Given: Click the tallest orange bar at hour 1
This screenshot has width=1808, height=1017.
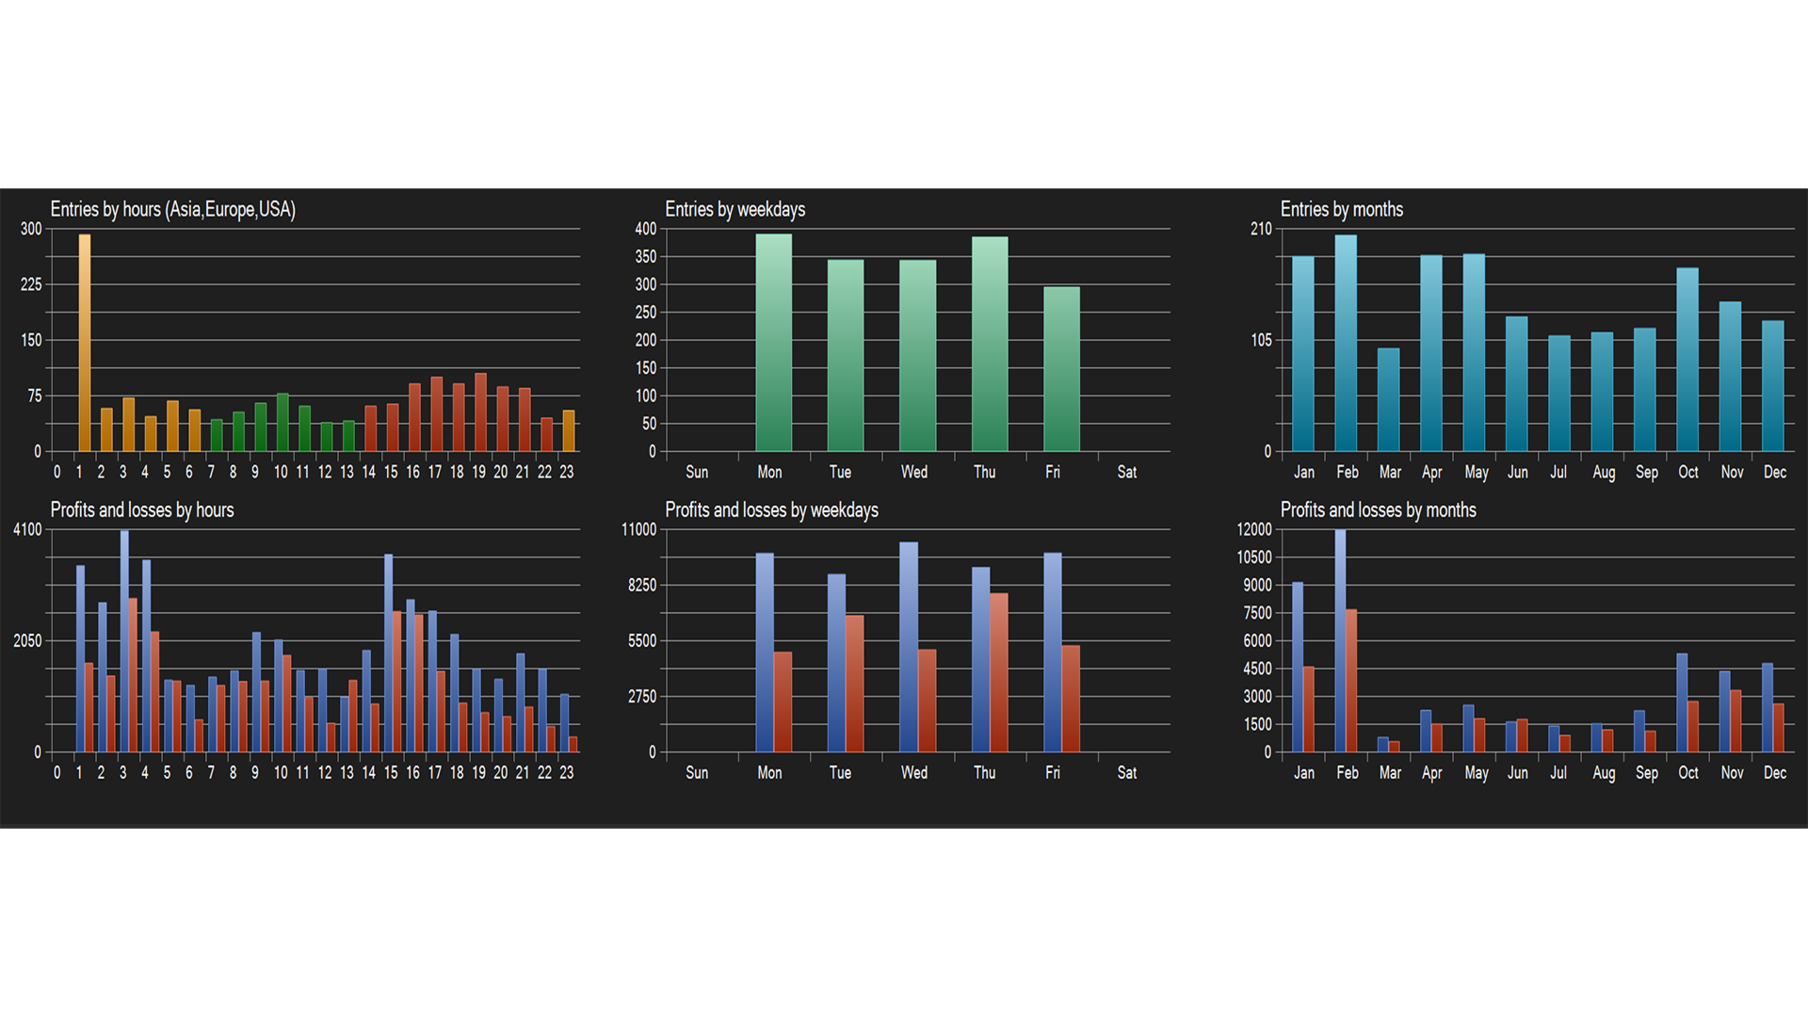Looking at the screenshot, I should (85, 343).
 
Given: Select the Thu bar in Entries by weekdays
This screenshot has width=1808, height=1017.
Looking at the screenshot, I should (990, 344).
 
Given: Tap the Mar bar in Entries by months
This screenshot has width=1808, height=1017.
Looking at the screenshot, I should (1388, 399).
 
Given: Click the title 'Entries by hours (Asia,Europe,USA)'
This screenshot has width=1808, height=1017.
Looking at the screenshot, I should (172, 209).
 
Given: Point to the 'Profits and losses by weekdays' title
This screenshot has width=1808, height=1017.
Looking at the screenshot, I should (771, 510).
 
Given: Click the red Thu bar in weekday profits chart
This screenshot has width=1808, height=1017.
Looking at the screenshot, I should (999, 672).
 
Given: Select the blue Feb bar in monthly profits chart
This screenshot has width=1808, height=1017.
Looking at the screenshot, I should (1340, 640).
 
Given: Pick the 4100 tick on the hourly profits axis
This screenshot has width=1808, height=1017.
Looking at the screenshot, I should (27, 530).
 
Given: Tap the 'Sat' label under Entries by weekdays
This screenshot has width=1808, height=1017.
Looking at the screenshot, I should (1126, 473).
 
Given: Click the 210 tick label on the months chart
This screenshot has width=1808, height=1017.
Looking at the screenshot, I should (1261, 229).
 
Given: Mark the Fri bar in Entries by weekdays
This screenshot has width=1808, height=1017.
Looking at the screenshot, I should (1061, 369).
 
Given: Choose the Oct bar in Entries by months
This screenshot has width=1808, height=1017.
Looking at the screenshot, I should (1687, 360).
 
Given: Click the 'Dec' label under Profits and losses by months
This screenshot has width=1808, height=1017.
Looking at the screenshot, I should (1774, 773).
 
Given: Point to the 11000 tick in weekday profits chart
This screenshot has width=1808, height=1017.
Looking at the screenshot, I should (638, 530).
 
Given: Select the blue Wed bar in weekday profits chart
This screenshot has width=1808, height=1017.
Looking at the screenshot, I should (909, 647).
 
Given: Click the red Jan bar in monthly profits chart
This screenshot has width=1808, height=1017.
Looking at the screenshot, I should (1308, 709).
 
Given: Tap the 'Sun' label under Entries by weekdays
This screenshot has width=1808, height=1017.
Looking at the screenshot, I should (697, 473).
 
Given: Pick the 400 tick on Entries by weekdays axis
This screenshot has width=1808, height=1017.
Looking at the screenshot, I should (645, 229).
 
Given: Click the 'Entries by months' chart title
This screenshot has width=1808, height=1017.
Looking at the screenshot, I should (1341, 209).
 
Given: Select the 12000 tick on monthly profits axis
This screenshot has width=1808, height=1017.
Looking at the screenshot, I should (1253, 530).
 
